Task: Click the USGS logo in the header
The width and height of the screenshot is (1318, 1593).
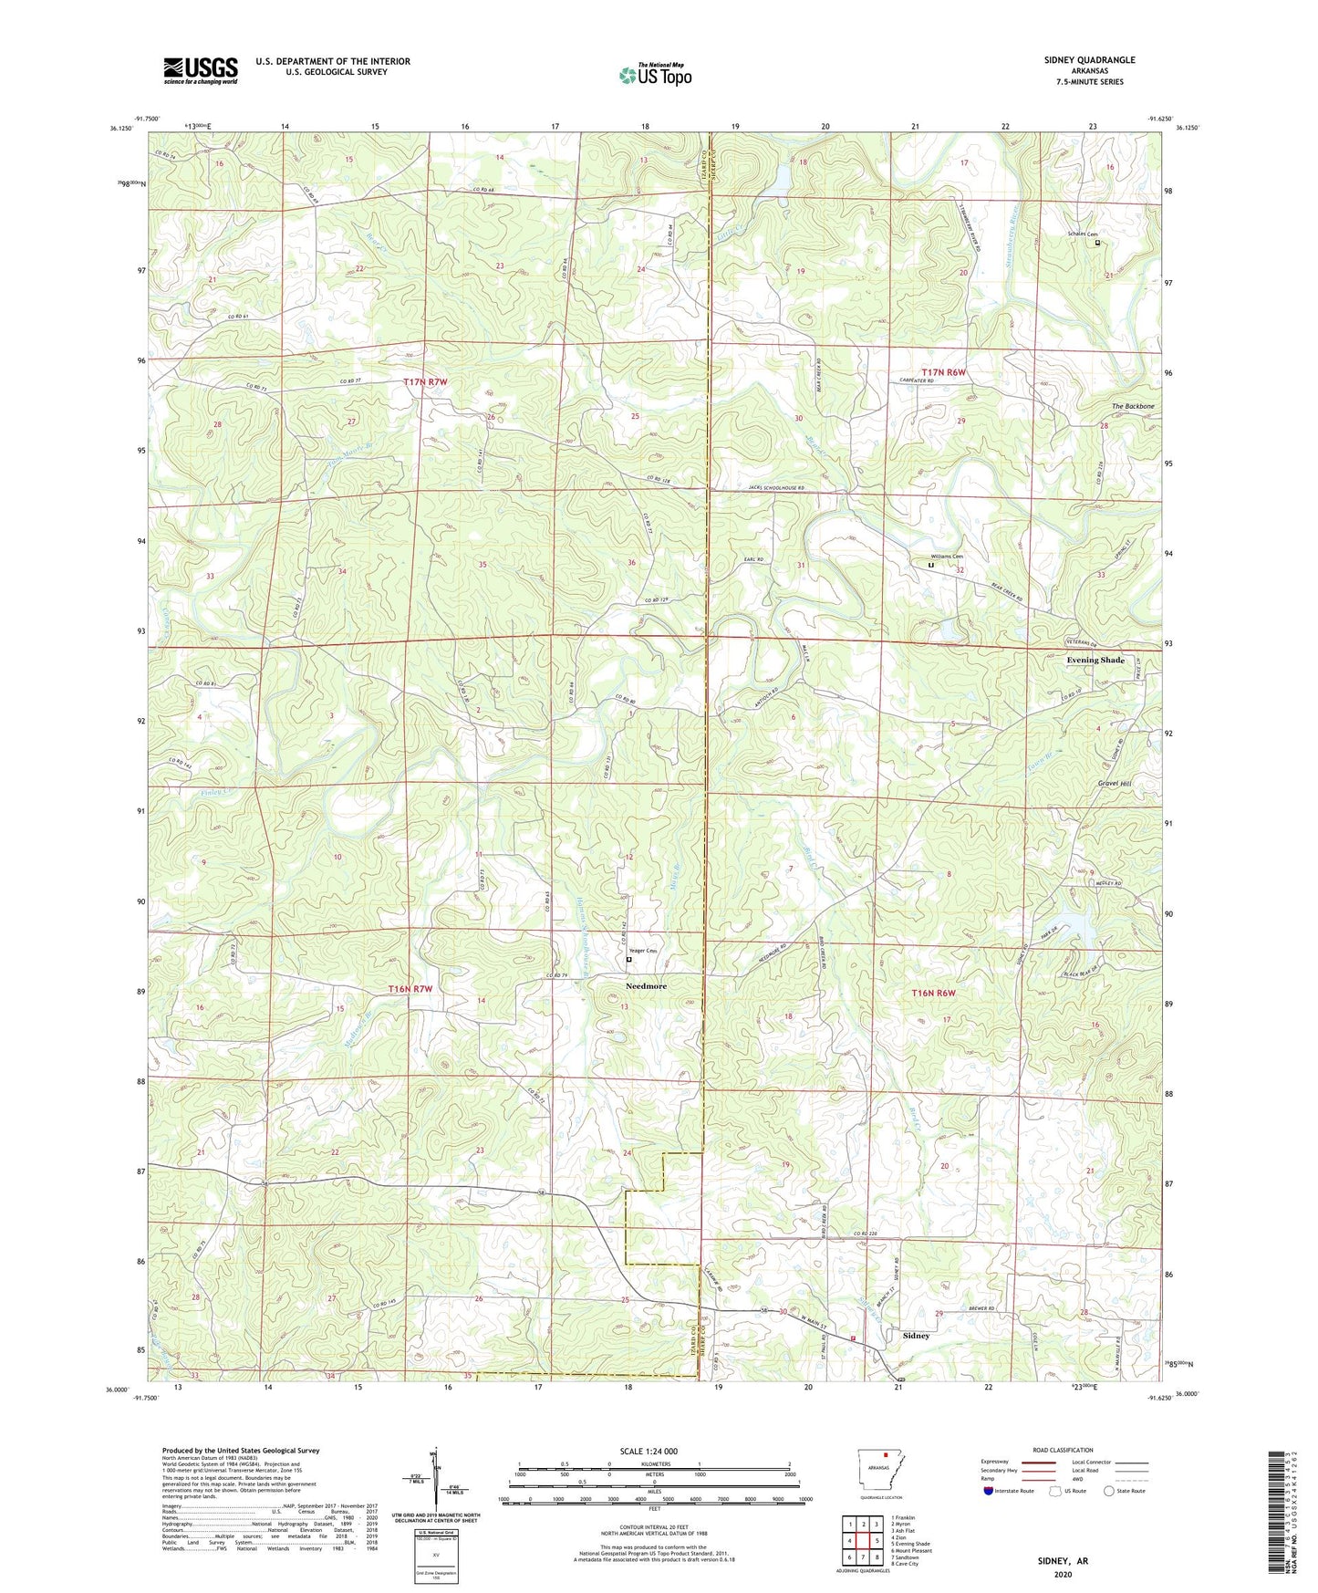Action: (200, 70)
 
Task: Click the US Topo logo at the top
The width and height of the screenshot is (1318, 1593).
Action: (654, 75)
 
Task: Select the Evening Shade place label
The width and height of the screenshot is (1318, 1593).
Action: (1095, 660)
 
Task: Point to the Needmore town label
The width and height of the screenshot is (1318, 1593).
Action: (646, 986)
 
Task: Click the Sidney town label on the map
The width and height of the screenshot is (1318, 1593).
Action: (916, 1336)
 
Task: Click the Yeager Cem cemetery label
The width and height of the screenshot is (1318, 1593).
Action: (643, 952)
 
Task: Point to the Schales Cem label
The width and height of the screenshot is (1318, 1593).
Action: (1082, 234)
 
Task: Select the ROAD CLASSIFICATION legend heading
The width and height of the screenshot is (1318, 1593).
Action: (1062, 1450)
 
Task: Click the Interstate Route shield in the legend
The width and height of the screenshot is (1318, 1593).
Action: (990, 1491)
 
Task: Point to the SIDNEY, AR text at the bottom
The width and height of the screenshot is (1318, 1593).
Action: (1063, 1560)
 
